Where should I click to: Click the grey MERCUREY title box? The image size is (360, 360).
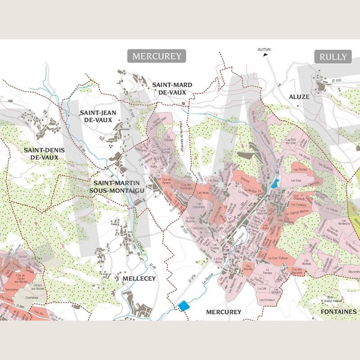pyautogui.click(x=156, y=56)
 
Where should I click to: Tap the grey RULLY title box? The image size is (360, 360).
pyautogui.click(x=333, y=57)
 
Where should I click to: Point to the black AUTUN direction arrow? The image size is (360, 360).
pyautogui.click(x=265, y=54)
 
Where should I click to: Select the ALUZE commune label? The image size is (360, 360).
pyautogui.click(x=299, y=97)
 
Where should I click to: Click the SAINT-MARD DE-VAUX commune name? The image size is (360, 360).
pyautogui.click(x=172, y=88)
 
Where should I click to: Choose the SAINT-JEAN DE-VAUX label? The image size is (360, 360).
pyautogui.click(x=96, y=116)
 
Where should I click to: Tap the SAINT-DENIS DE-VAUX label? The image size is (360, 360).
pyautogui.click(x=44, y=154)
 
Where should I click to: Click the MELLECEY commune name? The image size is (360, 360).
pyautogui.click(x=139, y=278)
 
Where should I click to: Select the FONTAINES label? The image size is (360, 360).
pyautogui.click(x=339, y=311)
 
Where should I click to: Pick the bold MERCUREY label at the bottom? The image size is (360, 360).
pyautogui.click(x=224, y=312)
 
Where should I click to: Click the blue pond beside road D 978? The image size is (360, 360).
pyautogui.click(x=184, y=306)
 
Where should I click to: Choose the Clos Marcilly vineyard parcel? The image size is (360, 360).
pyautogui.click(x=249, y=267)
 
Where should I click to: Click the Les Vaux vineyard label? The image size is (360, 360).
pyautogui.click(x=297, y=180)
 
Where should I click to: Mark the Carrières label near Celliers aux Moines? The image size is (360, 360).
pyautogui.click(x=32, y=297)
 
